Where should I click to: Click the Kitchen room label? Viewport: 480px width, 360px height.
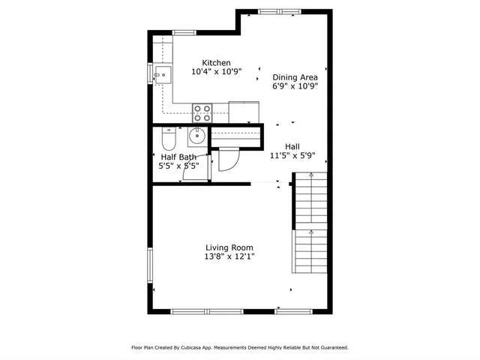pyautogui.click(x=216, y=62)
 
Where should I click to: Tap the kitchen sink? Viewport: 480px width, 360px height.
pyautogui.click(x=162, y=73)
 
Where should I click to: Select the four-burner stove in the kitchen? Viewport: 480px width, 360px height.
pyautogui.click(x=202, y=112)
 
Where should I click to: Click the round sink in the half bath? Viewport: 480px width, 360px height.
pyautogui.click(x=196, y=136)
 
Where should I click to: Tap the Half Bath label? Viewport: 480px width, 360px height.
pyautogui.click(x=178, y=157)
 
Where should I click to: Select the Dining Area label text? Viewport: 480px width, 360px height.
pyautogui.click(x=295, y=76)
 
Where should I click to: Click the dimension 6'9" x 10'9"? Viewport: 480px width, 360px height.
pyautogui.click(x=295, y=86)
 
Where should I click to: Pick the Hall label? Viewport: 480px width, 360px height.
pyautogui.click(x=292, y=147)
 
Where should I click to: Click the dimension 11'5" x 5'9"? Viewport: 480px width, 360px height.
pyautogui.click(x=292, y=157)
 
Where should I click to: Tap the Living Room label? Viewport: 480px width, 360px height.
pyautogui.click(x=229, y=247)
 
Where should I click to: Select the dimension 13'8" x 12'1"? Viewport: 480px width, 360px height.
pyautogui.click(x=229, y=256)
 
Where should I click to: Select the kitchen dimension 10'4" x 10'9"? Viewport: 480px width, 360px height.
pyautogui.click(x=216, y=72)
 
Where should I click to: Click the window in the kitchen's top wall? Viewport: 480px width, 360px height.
pyautogui.click(x=184, y=32)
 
